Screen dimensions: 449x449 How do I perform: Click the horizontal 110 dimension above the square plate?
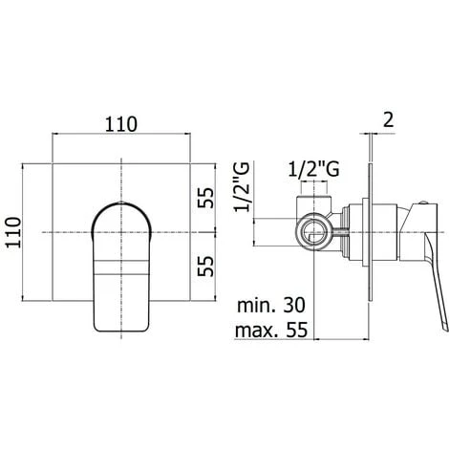121,124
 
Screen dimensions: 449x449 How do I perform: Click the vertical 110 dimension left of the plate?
13,232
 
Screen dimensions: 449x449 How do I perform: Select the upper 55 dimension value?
205,198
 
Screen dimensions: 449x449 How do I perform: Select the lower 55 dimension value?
205,266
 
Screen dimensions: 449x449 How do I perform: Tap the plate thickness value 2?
389,120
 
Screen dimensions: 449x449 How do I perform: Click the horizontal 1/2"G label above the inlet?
313,169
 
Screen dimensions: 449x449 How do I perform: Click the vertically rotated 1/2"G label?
242,187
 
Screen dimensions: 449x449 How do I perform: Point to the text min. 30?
271,305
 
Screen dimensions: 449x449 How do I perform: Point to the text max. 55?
271,330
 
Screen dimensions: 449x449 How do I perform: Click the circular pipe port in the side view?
314,232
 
